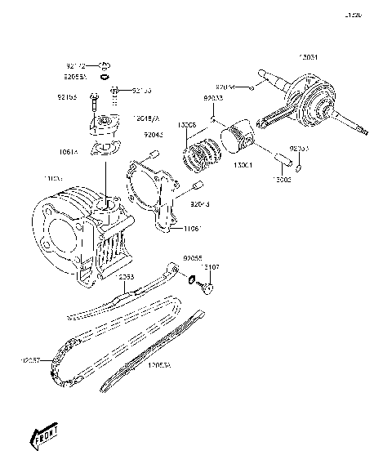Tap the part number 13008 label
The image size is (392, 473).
188,125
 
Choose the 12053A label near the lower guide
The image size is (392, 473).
159,366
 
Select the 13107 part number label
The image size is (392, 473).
210,267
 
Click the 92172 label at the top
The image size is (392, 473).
76,64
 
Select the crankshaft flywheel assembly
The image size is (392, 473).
314,102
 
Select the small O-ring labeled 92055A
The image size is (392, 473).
106,77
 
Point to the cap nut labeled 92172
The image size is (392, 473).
106,65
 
